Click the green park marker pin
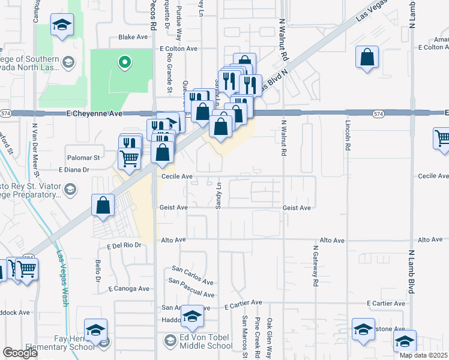(x=124, y=61)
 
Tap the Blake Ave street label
(x=133, y=37)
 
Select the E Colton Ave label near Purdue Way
(x=178, y=48)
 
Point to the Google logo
(x=20, y=352)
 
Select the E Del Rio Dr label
(x=124, y=245)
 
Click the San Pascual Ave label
(x=191, y=287)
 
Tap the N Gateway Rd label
(x=315, y=265)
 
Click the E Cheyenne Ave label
(x=94, y=113)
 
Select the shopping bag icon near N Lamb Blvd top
(x=367, y=58)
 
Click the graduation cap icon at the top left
(x=61, y=25)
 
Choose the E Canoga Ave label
(x=128, y=289)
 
